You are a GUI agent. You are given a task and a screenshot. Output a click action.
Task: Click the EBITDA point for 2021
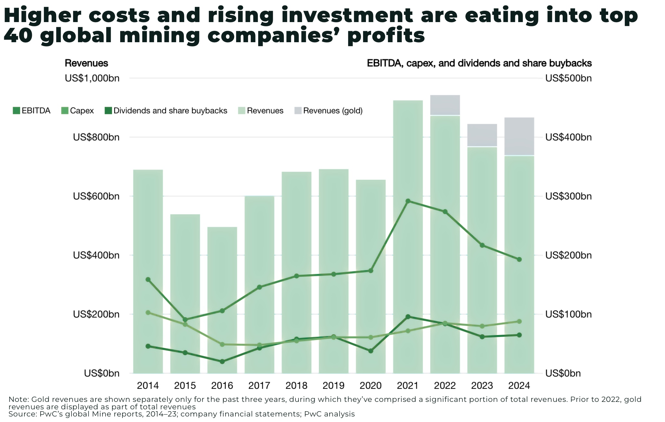point(408,201)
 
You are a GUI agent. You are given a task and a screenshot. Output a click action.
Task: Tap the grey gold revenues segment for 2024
point(519,136)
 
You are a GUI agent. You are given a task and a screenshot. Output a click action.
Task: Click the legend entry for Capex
point(78,111)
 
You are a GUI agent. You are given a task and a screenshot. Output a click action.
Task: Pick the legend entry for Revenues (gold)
point(328,111)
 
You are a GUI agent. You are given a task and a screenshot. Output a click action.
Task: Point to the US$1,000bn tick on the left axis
point(92,78)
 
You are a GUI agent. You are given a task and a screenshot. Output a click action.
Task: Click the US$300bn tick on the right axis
point(568,196)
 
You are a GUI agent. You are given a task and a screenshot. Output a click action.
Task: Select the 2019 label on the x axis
point(333,385)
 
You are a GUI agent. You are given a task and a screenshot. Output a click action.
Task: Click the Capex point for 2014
point(148,313)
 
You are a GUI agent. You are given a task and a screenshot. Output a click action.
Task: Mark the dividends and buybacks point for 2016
point(222,361)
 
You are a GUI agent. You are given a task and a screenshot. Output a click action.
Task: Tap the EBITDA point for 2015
point(185,320)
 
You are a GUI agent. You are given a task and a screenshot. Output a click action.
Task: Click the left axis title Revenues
point(86,63)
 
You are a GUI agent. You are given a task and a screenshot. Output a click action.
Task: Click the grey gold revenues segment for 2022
point(445,105)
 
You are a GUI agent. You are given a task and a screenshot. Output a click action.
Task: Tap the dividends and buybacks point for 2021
point(408,316)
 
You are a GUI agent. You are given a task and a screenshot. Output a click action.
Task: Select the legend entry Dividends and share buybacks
point(166,111)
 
